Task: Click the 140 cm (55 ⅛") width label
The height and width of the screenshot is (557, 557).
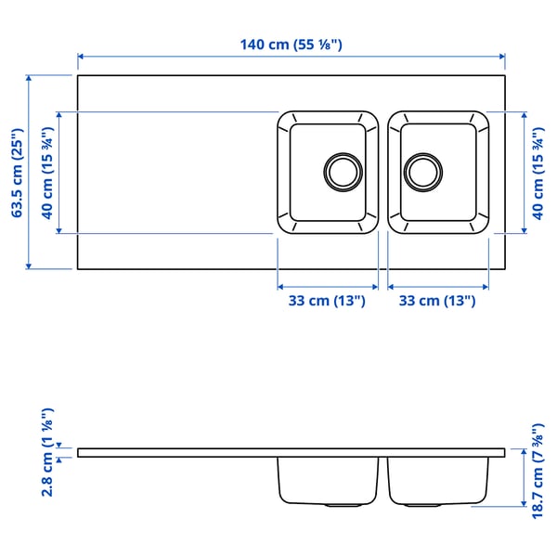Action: click(x=291, y=44)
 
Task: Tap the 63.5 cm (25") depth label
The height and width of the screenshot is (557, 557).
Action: click(x=16, y=173)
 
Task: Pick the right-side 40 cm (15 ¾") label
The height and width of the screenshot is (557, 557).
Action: click(x=538, y=173)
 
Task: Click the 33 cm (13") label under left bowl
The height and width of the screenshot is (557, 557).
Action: click(x=328, y=301)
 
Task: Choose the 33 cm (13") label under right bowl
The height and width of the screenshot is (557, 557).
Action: click(x=437, y=301)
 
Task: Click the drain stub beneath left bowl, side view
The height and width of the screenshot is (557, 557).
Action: click(x=344, y=506)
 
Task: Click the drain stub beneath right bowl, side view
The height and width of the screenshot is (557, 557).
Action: click(x=422, y=506)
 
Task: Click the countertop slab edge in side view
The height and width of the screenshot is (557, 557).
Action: click(x=186, y=453)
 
